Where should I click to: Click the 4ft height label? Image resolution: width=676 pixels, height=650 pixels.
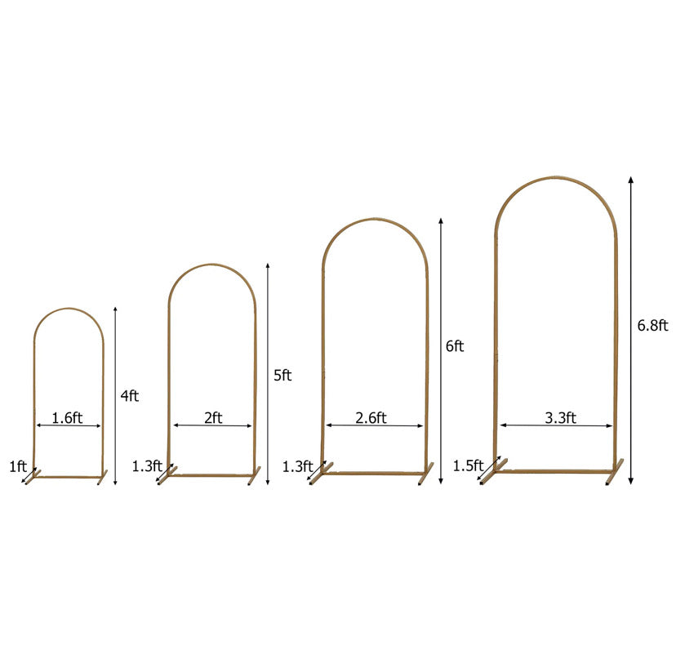[129, 395]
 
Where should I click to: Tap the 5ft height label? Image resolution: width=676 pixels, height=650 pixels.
[282, 376]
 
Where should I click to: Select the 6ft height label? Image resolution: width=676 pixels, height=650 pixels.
[455, 346]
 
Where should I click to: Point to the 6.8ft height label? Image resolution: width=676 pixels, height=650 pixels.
[652, 325]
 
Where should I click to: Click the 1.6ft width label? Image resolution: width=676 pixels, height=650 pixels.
[67, 417]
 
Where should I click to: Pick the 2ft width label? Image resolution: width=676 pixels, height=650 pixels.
[213, 417]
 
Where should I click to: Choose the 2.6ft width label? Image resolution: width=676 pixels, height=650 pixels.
[371, 417]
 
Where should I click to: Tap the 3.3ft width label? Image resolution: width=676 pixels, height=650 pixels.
[560, 417]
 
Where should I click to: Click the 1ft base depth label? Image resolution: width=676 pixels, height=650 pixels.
[18, 466]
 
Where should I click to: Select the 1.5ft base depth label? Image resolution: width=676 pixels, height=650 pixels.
[468, 465]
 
